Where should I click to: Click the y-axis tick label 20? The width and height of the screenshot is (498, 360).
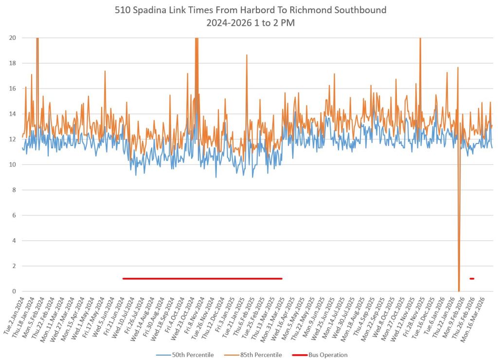tap(12, 38)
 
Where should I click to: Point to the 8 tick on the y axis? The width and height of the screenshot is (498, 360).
tap(14, 190)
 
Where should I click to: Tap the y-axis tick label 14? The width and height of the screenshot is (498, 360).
tap(12, 114)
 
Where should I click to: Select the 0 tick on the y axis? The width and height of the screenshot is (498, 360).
tap(14, 291)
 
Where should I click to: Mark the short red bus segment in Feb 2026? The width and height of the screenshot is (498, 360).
tap(472, 279)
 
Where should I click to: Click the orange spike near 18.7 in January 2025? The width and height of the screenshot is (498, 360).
tap(247, 55)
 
